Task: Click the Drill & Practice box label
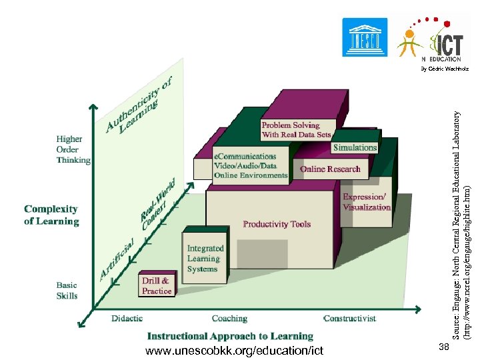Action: (157, 286)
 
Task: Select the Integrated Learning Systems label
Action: (205, 259)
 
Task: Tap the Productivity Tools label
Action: (277, 224)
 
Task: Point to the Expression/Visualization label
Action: (366, 202)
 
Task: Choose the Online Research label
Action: (330, 169)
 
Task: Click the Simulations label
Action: (355, 147)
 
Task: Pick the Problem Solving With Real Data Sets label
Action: (296, 129)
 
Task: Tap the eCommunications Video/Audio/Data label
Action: (250, 165)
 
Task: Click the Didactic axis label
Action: (127, 319)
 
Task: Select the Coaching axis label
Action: (229, 319)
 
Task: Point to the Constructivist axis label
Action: (349, 319)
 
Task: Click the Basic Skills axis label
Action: (67, 291)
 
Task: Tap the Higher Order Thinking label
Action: (73, 149)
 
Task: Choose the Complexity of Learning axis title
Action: (51, 215)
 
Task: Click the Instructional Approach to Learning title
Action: (230, 336)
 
